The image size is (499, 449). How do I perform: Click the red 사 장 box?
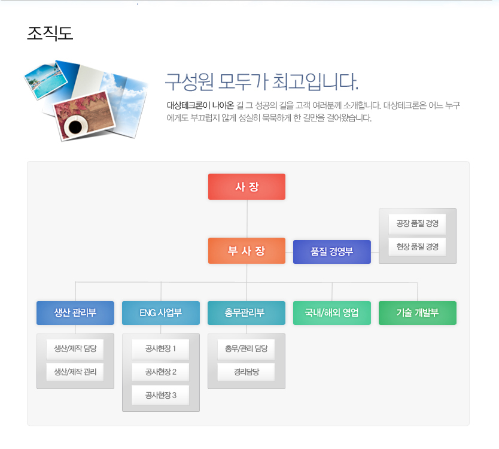click(x=247, y=187)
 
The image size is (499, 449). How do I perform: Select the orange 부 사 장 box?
click(x=247, y=251)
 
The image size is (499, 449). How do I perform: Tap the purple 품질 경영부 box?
click(x=332, y=252)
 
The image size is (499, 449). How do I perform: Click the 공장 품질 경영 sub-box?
click(x=417, y=223)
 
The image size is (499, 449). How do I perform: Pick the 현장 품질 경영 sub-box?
click(x=417, y=247)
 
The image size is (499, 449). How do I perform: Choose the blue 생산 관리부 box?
click(x=75, y=313)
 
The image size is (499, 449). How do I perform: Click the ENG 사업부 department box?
click(x=161, y=313)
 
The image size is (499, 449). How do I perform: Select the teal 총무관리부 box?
click(x=247, y=313)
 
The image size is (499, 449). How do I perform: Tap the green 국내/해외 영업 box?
click(x=332, y=313)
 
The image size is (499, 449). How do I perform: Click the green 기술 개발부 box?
click(x=418, y=313)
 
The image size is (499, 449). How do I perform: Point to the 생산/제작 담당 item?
click(x=75, y=348)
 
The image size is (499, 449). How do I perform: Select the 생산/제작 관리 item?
click(x=75, y=372)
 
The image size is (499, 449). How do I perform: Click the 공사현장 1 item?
click(x=161, y=348)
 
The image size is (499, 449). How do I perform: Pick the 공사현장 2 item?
click(x=161, y=372)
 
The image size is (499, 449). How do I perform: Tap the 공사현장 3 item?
click(x=161, y=395)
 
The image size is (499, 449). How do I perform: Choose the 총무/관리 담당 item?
click(x=247, y=348)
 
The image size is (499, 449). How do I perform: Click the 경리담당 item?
click(x=247, y=372)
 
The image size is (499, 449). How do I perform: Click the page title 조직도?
click(x=50, y=34)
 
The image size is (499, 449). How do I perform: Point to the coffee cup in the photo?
click(x=76, y=126)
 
